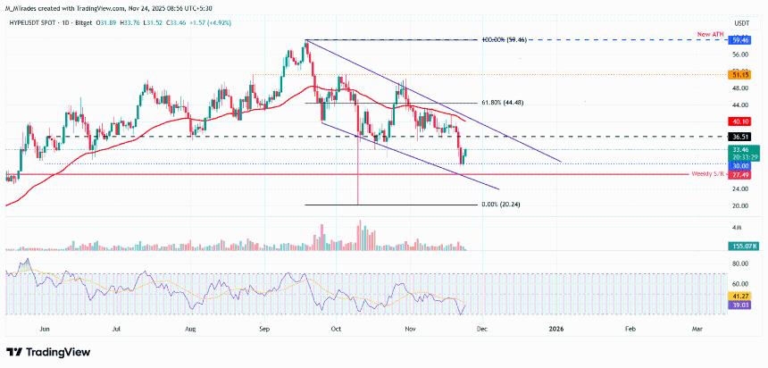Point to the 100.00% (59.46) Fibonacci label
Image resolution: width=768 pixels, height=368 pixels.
click(510, 40)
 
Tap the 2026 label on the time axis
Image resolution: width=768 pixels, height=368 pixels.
click(556, 329)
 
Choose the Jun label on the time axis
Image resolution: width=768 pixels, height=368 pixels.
click(43, 329)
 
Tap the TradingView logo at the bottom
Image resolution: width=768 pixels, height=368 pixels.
click(44, 351)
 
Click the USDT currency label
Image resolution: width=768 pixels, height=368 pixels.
click(740, 23)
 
